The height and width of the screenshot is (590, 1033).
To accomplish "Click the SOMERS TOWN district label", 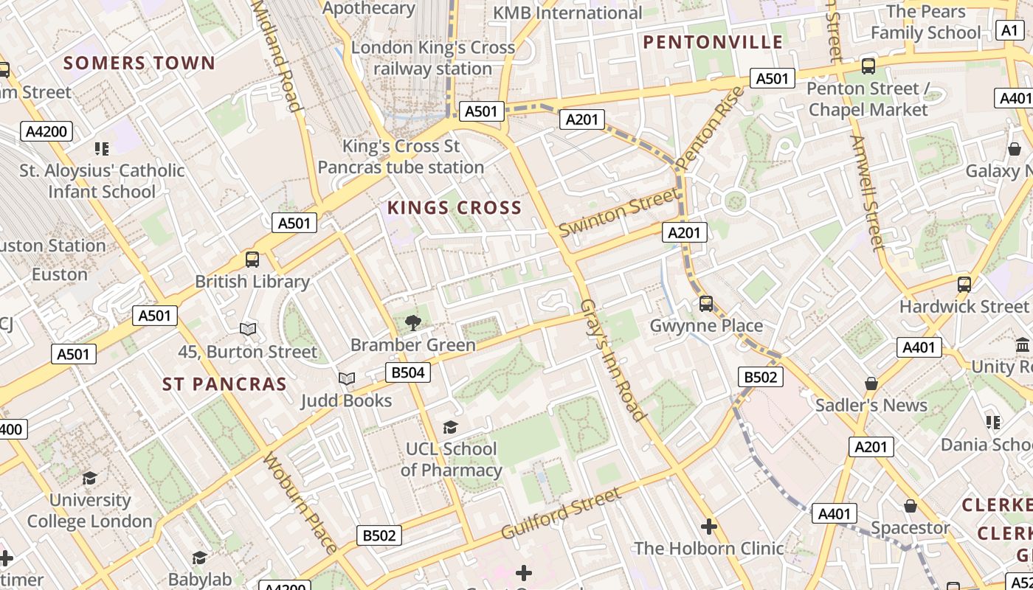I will [x=139, y=63].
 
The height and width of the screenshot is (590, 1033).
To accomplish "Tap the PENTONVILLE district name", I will [x=713, y=42].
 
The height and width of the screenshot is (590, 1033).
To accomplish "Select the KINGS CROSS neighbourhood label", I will [x=455, y=208].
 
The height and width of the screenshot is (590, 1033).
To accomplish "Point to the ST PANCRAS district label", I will [x=224, y=384].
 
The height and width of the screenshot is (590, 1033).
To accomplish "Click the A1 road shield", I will [x=1009, y=30].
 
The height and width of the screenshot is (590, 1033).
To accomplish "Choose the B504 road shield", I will [x=408, y=372].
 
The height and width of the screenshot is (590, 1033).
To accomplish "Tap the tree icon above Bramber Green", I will [x=413, y=322].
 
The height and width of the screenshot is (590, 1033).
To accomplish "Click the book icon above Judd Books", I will [x=346, y=378].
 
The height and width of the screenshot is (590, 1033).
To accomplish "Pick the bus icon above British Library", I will [x=252, y=260].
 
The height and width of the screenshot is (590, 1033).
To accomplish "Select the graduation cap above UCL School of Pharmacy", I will [x=450, y=427].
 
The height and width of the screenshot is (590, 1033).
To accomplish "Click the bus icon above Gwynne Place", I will [x=706, y=303].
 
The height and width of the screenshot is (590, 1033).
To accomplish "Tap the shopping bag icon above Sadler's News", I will [x=871, y=383].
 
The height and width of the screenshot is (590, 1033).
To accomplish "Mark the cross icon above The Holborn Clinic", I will [x=709, y=527].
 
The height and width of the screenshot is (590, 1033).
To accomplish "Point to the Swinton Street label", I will [x=618, y=212].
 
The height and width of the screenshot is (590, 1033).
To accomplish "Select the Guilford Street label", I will [x=561, y=513].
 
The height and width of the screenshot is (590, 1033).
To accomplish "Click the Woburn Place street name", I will [x=300, y=504].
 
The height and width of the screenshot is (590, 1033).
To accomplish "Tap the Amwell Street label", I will [x=866, y=192].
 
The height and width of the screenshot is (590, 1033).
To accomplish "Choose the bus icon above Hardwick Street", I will [x=964, y=284].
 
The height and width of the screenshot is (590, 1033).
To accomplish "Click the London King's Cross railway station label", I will [x=433, y=58].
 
